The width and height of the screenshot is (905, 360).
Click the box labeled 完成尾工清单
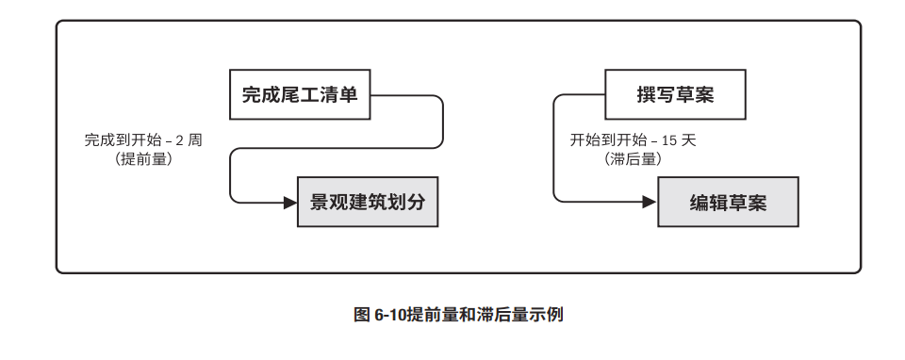click(x=300, y=94)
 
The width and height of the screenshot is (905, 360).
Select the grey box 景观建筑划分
click(x=368, y=202)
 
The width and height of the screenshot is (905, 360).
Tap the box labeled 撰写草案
click(x=675, y=94)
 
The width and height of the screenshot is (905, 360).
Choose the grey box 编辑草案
click(x=728, y=202)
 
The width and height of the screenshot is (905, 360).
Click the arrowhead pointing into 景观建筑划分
click(x=290, y=202)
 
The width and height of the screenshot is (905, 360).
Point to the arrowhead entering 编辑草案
click(x=650, y=202)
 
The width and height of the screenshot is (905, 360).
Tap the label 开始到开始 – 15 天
click(x=633, y=140)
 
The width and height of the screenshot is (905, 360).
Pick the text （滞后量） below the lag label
click(x=633, y=159)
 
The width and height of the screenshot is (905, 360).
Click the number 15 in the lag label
click(x=670, y=140)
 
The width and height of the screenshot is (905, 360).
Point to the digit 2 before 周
click(x=179, y=140)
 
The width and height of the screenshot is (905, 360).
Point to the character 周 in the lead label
click(x=195, y=140)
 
